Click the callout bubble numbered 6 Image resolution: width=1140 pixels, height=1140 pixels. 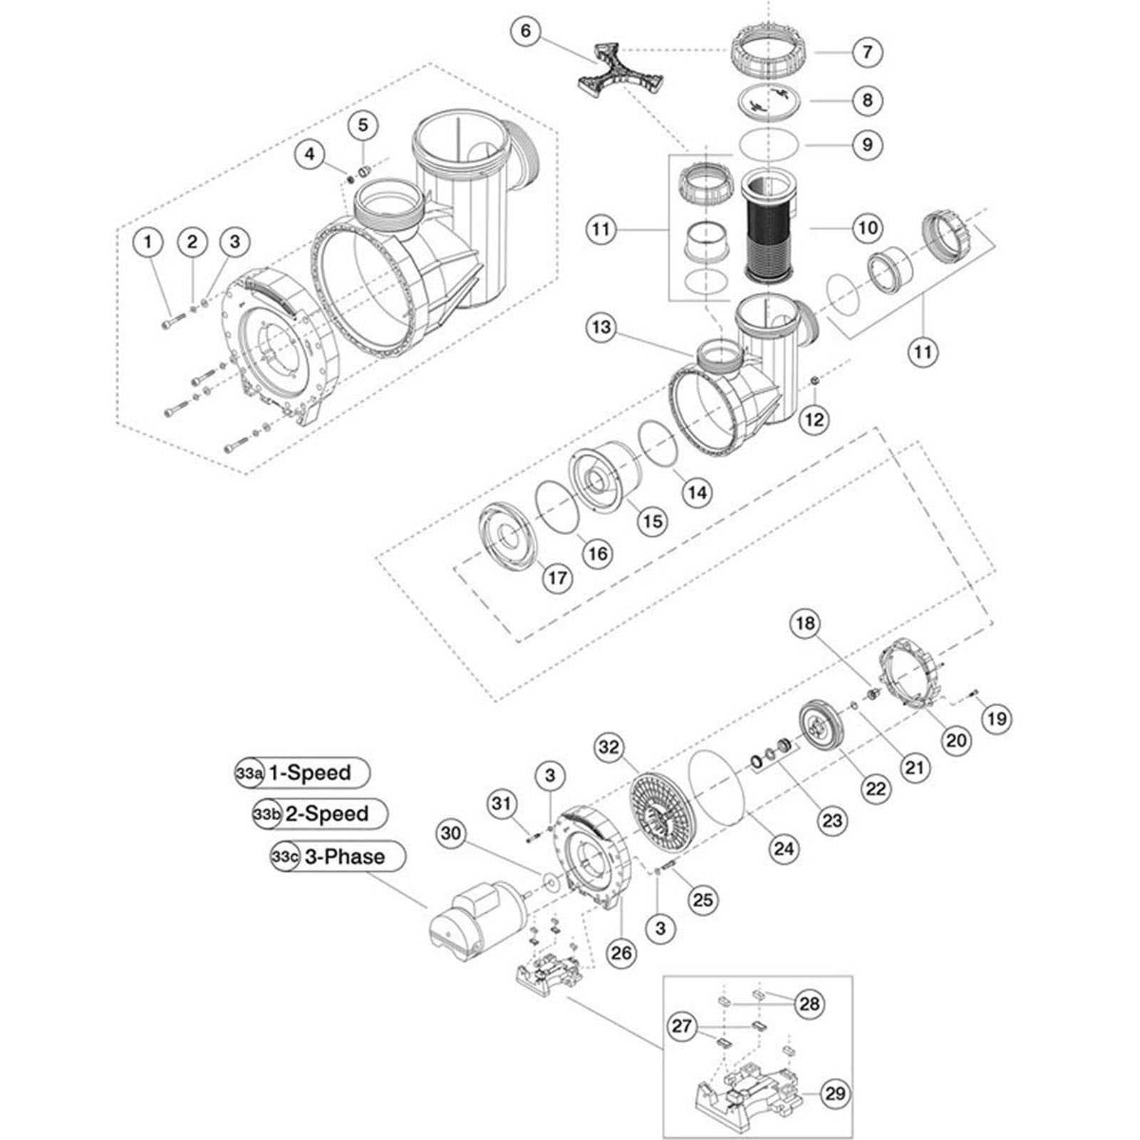click(x=526, y=31)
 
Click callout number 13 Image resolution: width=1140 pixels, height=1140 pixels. click(x=601, y=327)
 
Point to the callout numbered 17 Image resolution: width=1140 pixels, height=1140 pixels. click(x=557, y=577)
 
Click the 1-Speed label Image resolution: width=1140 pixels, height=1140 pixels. click(x=309, y=773)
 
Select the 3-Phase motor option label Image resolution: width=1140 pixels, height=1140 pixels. click(x=345, y=856)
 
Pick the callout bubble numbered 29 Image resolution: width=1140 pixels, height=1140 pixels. click(x=834, y=1093)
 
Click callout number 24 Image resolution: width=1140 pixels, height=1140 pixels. click(x=783, y=849)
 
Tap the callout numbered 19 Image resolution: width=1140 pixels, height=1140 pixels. click(x=996, y=719)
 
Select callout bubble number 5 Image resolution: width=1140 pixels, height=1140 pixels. click(x=363, y=125)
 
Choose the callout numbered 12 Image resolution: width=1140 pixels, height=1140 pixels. click(x=814, y=420)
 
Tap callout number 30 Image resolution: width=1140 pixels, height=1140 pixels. click(x=451, y=833)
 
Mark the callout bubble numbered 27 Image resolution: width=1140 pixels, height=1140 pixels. click(x=682, y=1026)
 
